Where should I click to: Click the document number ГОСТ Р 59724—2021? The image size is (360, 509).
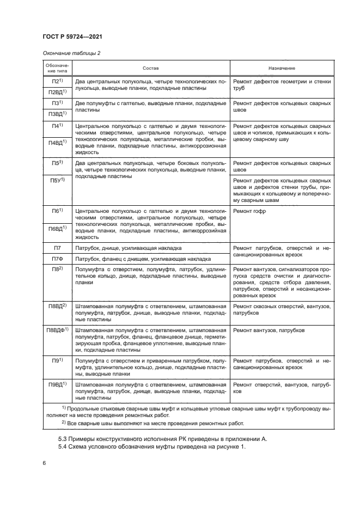coord(72,36)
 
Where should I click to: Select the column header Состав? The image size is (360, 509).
coord(151,68)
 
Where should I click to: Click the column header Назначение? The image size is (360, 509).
coord(282,68)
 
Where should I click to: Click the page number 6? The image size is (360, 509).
coord(44,463)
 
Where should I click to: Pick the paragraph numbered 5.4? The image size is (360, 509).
coord(152,447)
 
